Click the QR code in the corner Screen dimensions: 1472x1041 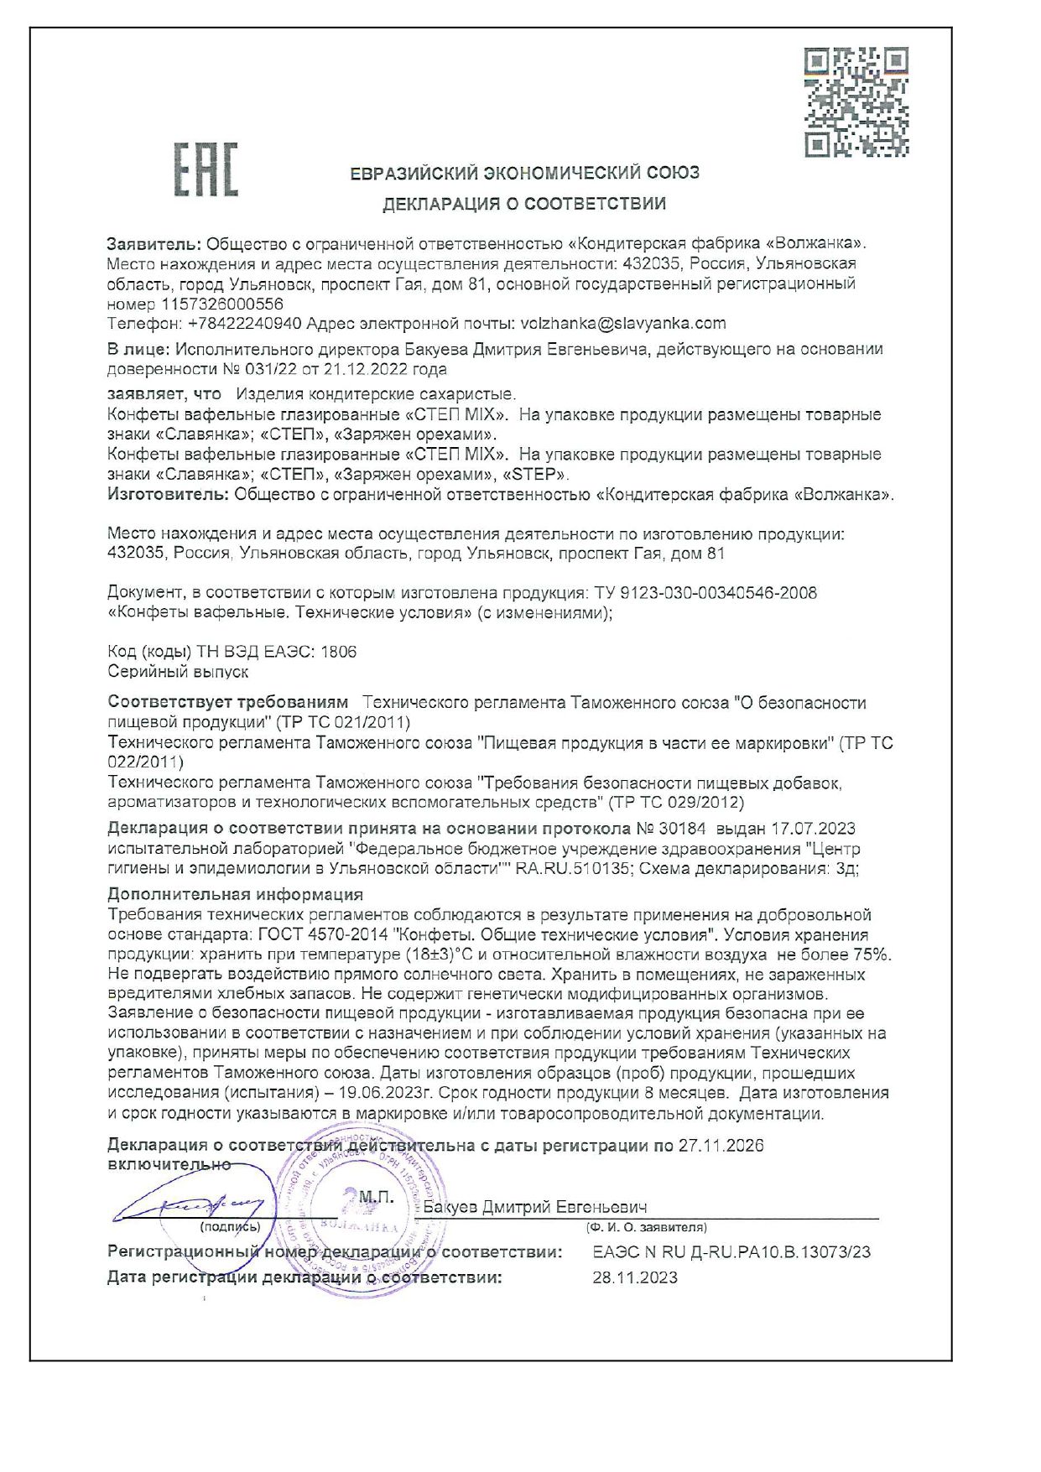tap(856, 101)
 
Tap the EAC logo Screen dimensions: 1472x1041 tap(206, 169)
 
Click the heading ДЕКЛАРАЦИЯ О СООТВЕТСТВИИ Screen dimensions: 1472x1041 tap(524, 204)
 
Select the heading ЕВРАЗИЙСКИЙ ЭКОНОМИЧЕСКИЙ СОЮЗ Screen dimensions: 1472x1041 tap(524, 174)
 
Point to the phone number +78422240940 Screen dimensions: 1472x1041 tap(244, 324)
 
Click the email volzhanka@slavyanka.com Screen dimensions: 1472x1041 tap(623, 324)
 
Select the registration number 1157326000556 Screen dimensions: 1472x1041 tap(222, 304)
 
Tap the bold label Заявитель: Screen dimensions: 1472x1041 tap(154, 244)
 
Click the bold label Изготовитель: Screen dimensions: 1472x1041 tap(168, 494)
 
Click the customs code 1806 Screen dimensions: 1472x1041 tap(338, 652)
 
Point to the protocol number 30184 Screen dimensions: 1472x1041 tap(682, 829)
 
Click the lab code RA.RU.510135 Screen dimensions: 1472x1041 tap(572, 869)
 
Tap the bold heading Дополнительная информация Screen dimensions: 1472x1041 tap(235, 895)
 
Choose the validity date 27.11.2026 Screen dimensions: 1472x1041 tap(721, 1146)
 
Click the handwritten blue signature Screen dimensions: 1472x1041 tap(197, 1206)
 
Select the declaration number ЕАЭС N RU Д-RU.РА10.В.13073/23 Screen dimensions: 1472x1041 tap(731, 1252)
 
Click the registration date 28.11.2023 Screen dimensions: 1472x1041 tap(635, 1278)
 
